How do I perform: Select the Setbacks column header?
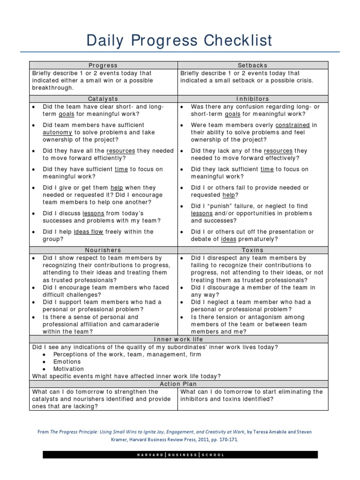point(253,66)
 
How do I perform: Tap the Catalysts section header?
point(103,99)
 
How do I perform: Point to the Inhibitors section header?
point(253,99)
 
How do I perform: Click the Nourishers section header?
point(103,250)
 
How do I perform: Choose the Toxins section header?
point(253,250)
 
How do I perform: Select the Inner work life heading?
point(178,339)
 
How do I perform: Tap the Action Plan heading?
point(178,384)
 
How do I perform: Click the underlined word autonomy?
point(58,133)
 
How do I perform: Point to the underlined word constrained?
point(292,125)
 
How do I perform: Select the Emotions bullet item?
point(67,362)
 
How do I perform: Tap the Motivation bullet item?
point(68,369)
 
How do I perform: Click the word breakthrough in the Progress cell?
point(52,88)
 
